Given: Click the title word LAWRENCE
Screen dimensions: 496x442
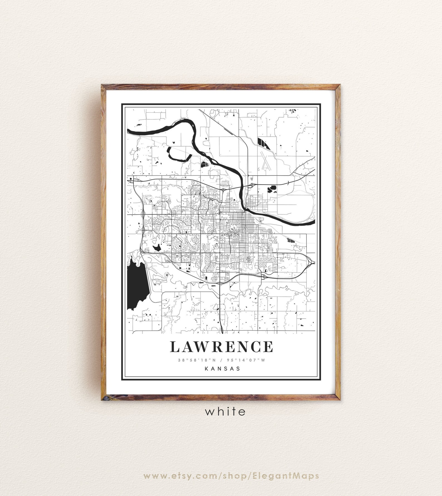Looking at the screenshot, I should (222, 346).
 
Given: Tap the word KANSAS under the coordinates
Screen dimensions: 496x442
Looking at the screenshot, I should (222, 369).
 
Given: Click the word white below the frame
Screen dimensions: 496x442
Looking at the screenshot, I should (225, 411).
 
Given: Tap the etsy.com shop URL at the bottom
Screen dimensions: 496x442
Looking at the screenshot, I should (221, 460).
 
